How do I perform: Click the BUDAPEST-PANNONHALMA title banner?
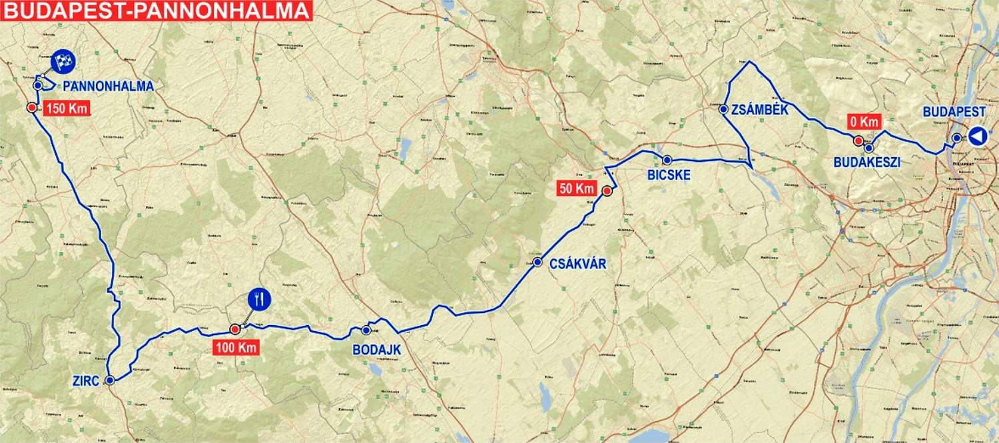156,10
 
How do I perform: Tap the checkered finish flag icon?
63,61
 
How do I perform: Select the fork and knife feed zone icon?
258,300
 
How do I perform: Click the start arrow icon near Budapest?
976,137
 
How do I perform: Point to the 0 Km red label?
864,122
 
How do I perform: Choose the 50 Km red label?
576,189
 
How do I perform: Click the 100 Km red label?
235,347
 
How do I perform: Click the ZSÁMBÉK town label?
759,111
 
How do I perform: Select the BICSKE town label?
668,176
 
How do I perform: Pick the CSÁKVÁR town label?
578,264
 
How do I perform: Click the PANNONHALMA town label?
109,86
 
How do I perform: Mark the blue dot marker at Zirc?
110,380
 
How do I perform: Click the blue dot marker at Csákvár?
537,262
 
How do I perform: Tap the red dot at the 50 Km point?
607,192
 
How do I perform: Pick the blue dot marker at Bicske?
667,160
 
